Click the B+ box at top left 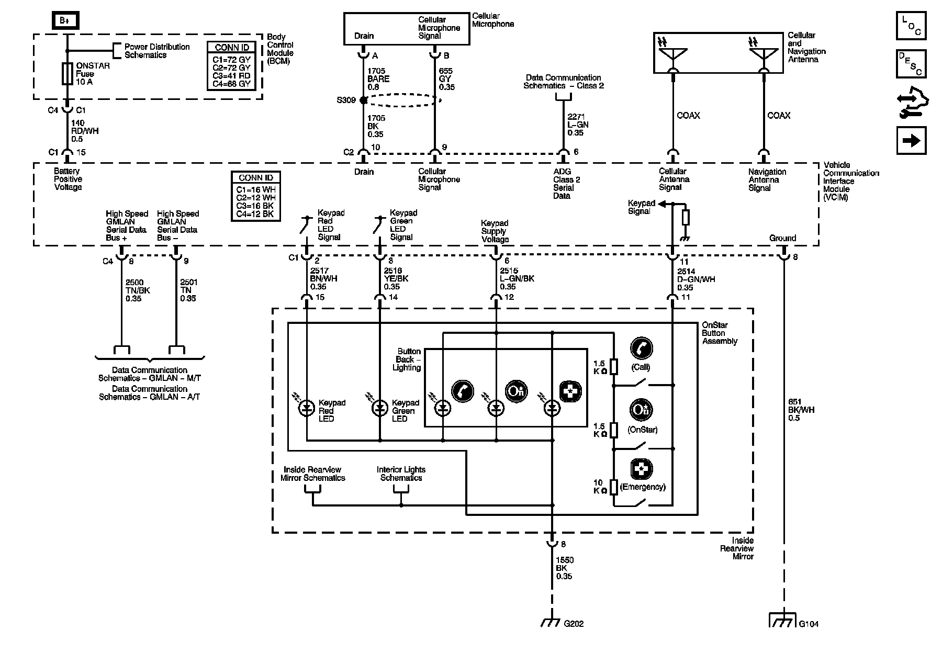click(x=65, y=20)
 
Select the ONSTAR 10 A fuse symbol click(x=67, y=73)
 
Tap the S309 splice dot click(x=364, y=100)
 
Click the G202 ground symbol click(x=552, y=622)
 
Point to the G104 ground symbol click(x=783, y=620)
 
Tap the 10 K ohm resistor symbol click(x=614, y=487)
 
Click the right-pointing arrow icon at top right click(x=911, y=141)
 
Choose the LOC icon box click(x=911, y=26)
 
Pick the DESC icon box click(x=911, y=64)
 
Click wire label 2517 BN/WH click(x=323, y=279)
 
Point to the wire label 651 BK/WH click(x=801, y=410)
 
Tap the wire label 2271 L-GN click(x=578, y=125)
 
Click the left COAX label click(x=688, y=116)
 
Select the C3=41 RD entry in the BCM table click(x=231, y=76)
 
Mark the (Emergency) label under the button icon click(x=642, y=487)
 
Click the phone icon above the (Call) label click(x=641, y=347)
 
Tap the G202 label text click(x=574, y=624)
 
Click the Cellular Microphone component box click(x=406, y=29)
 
